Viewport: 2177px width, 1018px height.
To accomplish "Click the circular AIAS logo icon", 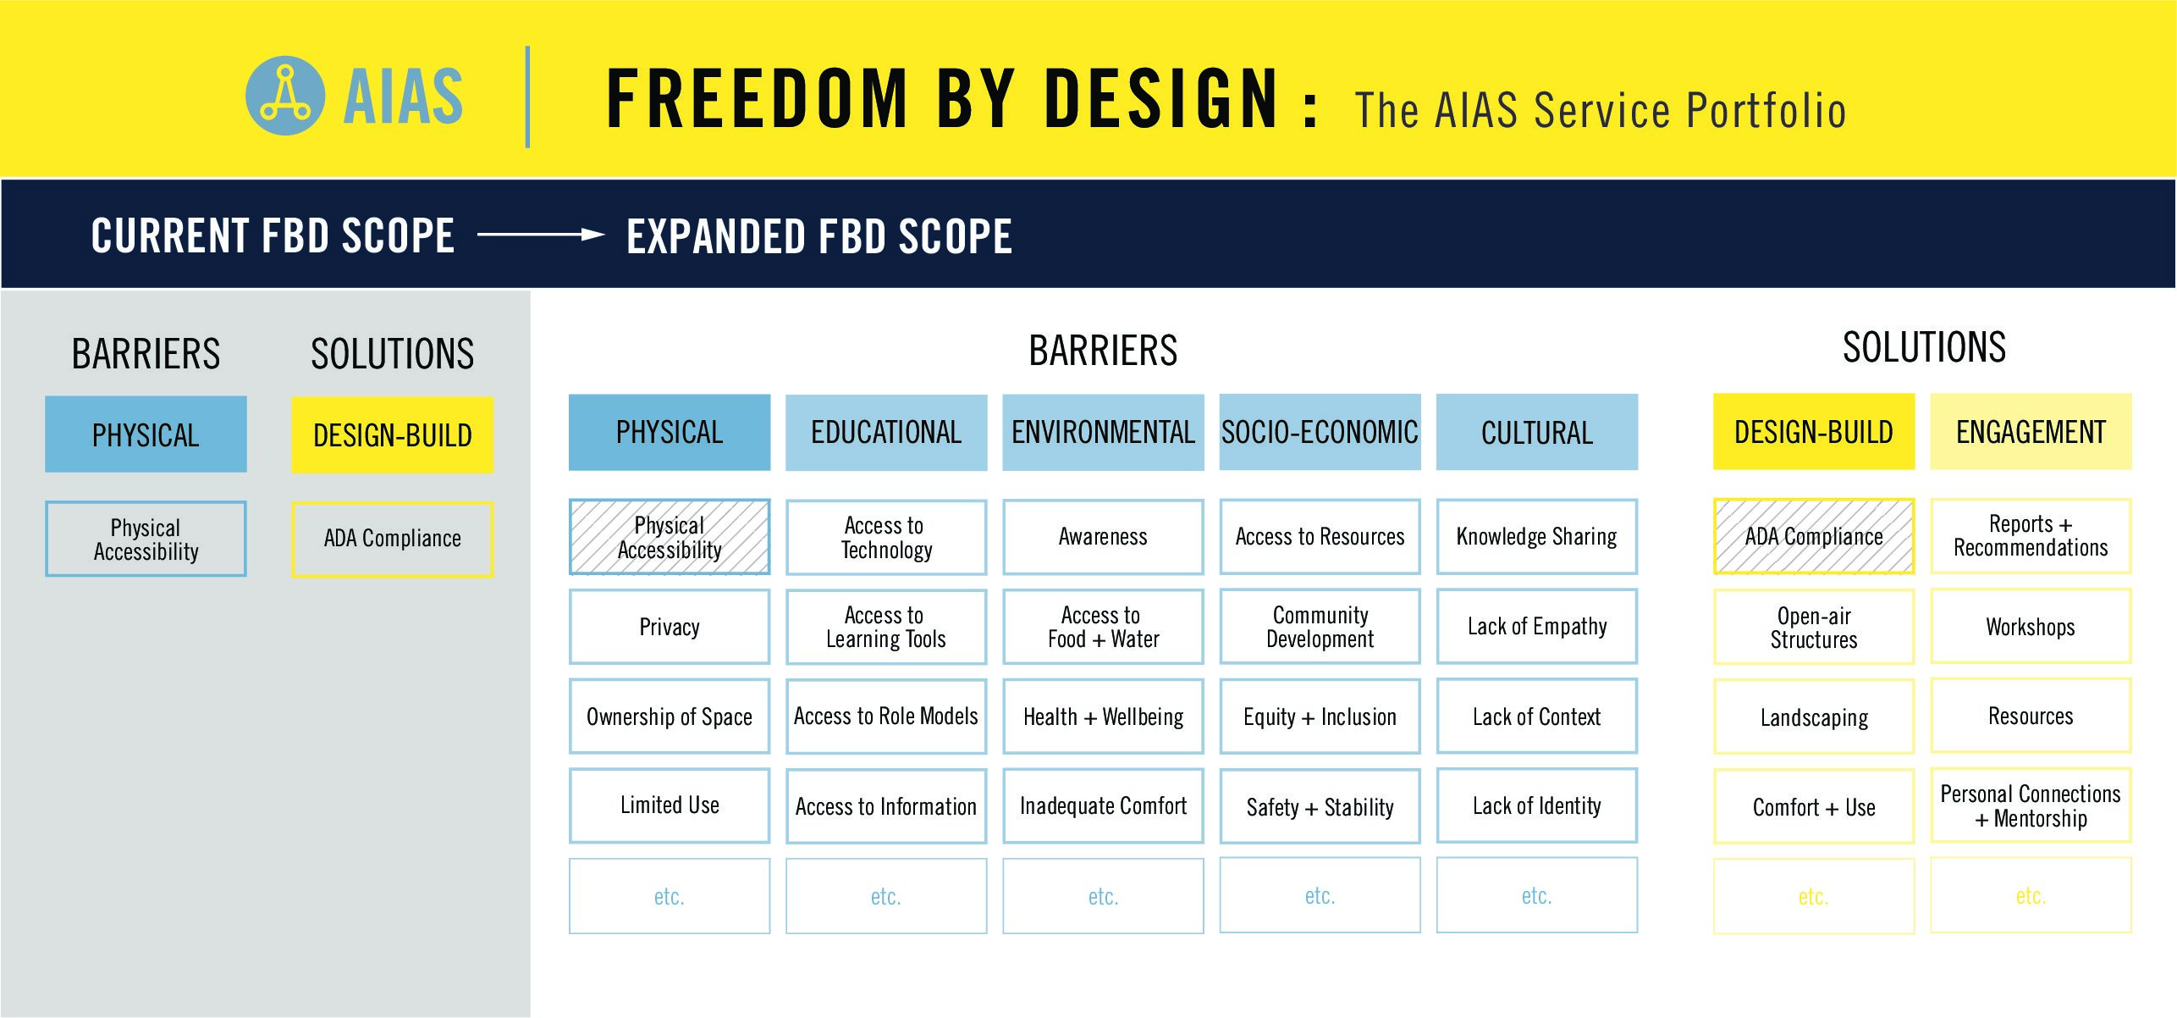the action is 284,96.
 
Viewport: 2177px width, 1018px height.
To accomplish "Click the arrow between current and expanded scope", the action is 541,235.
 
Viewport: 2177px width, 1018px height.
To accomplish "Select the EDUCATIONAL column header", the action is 886,432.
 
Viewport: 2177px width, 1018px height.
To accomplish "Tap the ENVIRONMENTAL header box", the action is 1103,432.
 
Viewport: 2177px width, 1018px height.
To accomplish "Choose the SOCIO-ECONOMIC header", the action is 1320,432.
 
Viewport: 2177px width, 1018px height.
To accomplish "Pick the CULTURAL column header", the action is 1537,432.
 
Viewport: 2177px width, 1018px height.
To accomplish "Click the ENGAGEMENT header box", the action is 2031,432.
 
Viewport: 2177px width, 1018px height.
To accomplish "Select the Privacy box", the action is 670,627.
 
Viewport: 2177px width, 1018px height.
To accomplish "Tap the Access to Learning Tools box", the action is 886,627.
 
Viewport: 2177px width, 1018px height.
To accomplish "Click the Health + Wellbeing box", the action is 1103,716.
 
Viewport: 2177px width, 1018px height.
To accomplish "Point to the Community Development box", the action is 1320,627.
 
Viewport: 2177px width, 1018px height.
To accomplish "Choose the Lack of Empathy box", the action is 1537,627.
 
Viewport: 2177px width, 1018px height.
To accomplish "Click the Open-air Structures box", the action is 1814,627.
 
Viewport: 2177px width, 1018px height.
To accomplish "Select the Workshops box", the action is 2031,627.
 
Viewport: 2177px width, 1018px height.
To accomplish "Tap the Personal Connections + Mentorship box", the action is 2031,805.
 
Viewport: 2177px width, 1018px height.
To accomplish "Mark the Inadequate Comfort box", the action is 1103,806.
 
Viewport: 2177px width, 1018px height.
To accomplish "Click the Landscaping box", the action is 1814,716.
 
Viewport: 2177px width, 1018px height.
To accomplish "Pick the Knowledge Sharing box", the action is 1537,536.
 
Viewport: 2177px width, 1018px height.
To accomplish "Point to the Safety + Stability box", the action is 1320,806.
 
